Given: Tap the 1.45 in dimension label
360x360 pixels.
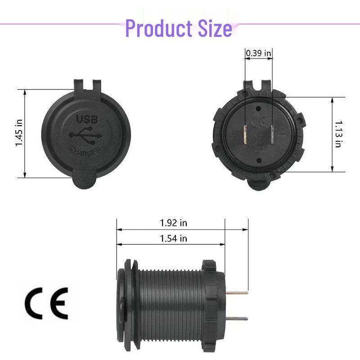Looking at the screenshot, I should click(19, 133).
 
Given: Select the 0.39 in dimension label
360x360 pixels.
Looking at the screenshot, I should click(258, 53).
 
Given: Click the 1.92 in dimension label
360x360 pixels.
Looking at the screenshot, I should click(173, 223).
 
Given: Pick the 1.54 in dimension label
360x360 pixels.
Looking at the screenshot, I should click(173, 238).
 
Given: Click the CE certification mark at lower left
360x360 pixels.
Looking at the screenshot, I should click(46, 303).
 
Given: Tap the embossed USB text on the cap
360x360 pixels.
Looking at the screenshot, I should click(86, 120).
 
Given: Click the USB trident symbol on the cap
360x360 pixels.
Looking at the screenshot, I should click(86, 135).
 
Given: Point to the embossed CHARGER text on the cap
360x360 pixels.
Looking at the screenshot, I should click(85, 152).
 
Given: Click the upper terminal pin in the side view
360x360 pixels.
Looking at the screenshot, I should click(236, 292).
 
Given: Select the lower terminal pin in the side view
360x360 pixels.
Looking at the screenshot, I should click(236, 318).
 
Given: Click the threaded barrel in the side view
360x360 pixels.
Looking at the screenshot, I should click(169, 306).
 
